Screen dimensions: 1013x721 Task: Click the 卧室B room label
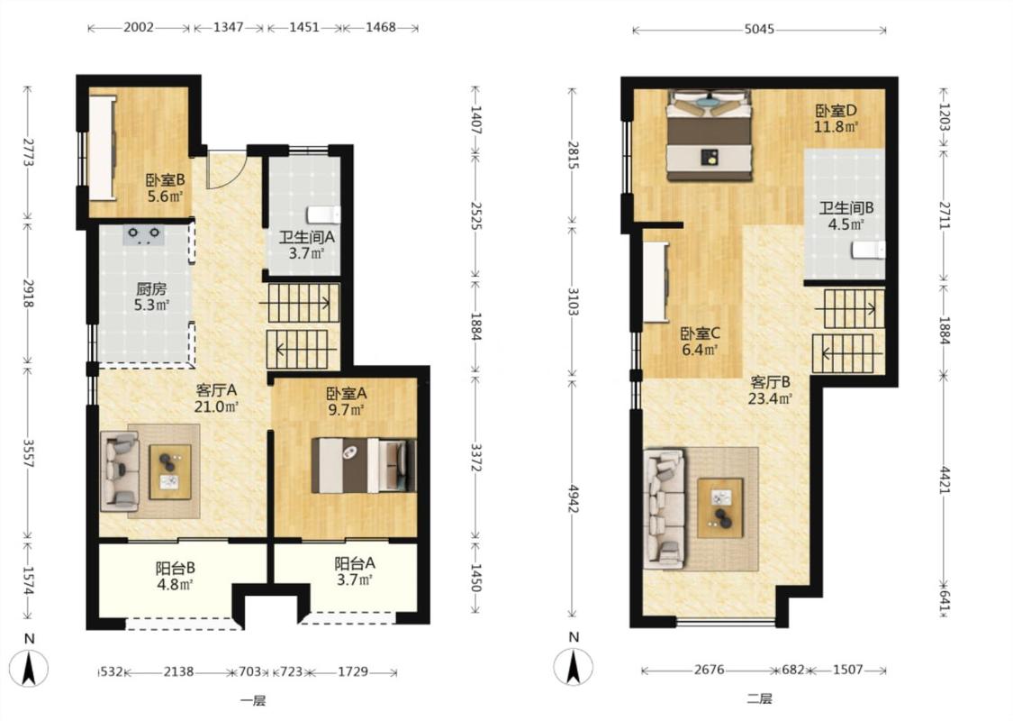pyautogui.click(x=165, y=180)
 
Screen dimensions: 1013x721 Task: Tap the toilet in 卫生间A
pyautogui.click(x=323, y=214)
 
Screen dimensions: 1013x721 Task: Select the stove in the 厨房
pyautogui.click(x=144, y=233)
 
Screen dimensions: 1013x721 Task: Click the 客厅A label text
pyautogui.click(x=216, y=390)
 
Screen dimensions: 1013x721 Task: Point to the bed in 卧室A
pyautogui.click(x=363, y=465)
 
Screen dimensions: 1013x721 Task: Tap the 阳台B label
pyautogui.click(x=175, y=569)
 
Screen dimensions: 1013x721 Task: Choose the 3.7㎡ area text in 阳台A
pyautogui.click(x=355, y=580)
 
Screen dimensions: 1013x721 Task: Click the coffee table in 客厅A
pyautogui.click(x=170, y=471)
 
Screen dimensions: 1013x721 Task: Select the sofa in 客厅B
pyautogui.click(x=665, y=509)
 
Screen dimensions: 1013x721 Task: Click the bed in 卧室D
pyautogui.click(x=710, y=135)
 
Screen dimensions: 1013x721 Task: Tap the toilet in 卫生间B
pyautogui.click(x=868, y=250)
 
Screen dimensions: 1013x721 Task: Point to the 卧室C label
pyautogui.click(x=700, y=334)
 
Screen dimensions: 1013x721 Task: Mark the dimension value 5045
pyautogui.click(x=759, y=29)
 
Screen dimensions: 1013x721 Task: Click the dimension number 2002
pyautogui.click(x=139, y=27)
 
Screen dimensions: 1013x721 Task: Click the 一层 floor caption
pyautogui.click(x=253, y=701)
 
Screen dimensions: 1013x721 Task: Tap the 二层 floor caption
pyautogui.click(x=760, y=699)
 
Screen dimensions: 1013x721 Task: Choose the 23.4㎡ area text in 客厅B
pyautogui.click(x=770, y=399)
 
